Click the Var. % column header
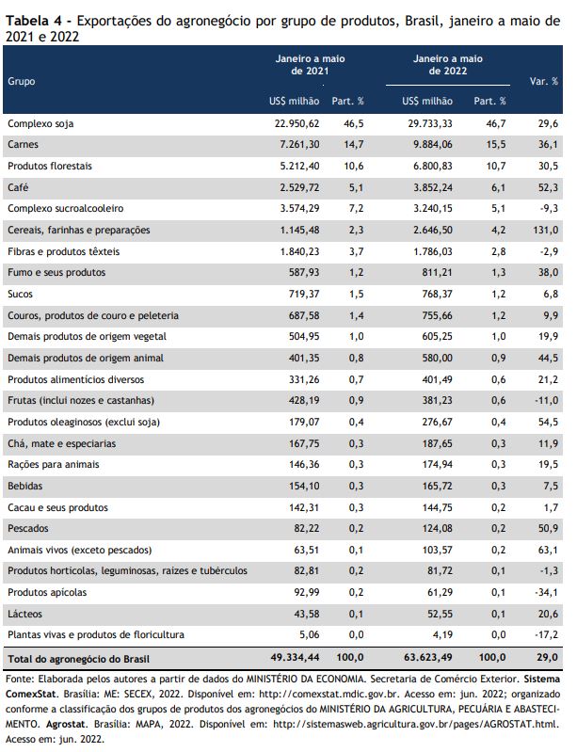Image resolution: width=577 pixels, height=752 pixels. tap(544, 81)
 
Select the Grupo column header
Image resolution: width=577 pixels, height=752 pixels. tap(21, 82)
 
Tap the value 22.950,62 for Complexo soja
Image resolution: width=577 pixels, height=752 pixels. tap(297, 123)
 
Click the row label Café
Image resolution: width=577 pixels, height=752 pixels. tap(18, 187)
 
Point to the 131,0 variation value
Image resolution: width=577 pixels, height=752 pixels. tap(545, 231)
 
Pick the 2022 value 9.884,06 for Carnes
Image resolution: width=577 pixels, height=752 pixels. tap(433, 145)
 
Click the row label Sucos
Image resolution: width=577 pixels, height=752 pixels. tap(20, 294)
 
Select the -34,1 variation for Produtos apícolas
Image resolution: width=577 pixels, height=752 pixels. tap(546, 592)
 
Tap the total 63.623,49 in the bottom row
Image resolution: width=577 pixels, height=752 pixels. tap(428, 658)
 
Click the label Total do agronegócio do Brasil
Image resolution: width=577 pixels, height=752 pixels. tap(79, 659)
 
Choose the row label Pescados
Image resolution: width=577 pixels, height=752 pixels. tap(28, 529)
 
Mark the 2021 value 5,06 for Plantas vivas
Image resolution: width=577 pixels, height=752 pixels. tap(310, 635)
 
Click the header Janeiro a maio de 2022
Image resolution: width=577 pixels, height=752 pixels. tap(448, 65)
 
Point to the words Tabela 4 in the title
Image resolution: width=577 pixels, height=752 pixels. tap(34, 21)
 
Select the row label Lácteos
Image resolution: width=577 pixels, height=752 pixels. tap(24, 614)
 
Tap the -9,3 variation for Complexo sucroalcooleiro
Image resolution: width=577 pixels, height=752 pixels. tap(549, 209)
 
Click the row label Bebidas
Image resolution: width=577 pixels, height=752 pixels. tap(24, 486)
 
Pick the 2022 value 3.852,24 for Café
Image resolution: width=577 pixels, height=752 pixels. tap(433, 187)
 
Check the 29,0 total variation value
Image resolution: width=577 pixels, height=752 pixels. tap(547, 658)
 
